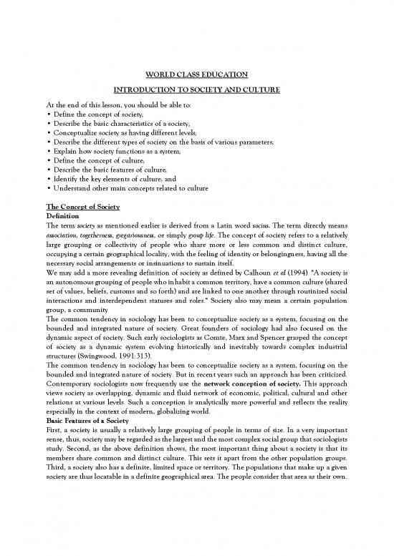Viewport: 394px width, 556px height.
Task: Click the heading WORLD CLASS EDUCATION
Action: coord(196,74)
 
